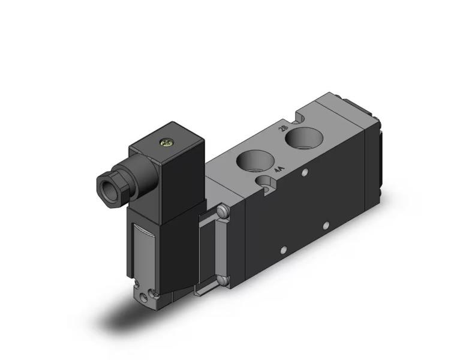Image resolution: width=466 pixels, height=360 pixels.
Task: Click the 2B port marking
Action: pos(284,128)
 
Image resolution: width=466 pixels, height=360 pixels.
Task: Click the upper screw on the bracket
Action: pos(223,211)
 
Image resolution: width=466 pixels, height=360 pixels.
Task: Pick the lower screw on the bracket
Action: pos(223,279)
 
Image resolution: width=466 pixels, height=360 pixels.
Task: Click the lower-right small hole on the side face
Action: pos(326,226)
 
